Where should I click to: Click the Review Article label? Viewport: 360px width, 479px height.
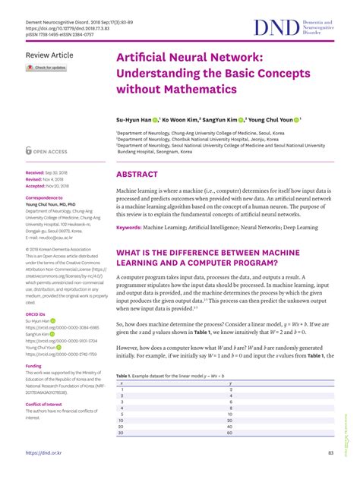49,56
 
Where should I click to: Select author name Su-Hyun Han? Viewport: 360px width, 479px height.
133,120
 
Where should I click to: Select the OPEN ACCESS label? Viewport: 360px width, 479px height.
51,151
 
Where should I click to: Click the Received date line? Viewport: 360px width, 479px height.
46,173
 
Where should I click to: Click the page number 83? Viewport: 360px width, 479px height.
331,453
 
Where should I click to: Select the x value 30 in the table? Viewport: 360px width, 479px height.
122,433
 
